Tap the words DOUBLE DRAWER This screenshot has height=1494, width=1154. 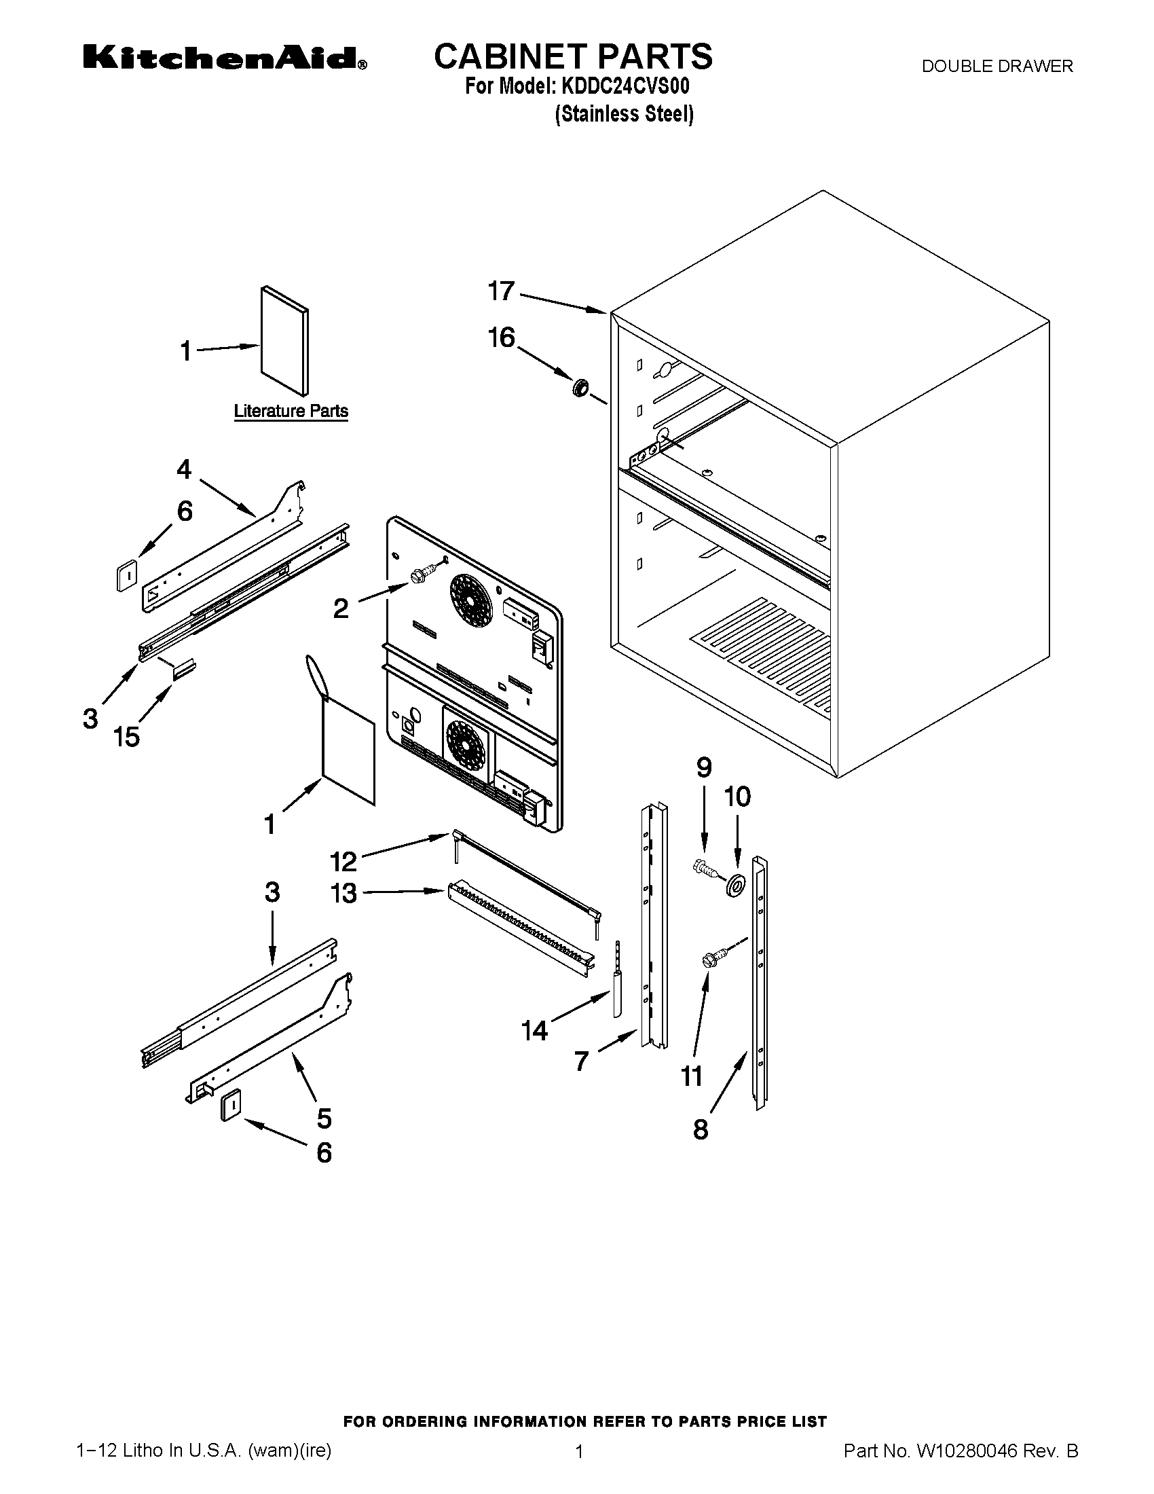click(997, 67)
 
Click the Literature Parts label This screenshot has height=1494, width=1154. click(291, 411)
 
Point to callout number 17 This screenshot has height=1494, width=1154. click(501, 291)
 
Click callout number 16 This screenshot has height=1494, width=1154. click(501, 338)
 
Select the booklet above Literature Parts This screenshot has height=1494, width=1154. click(284, 341)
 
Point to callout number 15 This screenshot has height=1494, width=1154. click(127, 737)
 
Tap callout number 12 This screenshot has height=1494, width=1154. click(343, 861)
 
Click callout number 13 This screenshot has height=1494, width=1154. click(343, 893)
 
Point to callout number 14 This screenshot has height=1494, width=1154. click(534, 1030)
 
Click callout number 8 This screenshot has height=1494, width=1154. click(701, 1129)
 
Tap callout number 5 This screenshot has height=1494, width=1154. click(324, 1118)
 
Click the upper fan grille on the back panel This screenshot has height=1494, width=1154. click(471, 598)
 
